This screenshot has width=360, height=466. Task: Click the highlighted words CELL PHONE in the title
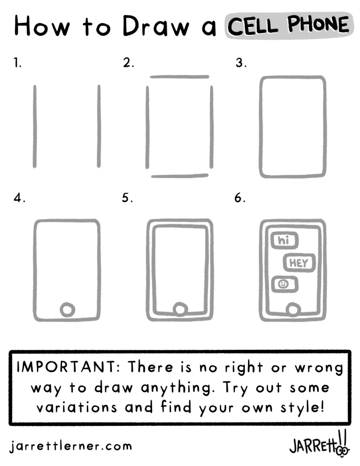click(289, 25)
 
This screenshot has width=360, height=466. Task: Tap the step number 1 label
click(17, 63)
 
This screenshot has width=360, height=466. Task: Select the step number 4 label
click(19, 198)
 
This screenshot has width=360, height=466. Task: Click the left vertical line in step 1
click(35, 126)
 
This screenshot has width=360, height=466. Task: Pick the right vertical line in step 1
click(99, 126)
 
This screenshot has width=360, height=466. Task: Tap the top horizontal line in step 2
click(180, 77)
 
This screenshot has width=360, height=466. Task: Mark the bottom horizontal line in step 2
click(180, 176)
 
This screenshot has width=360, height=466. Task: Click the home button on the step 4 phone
click(67, 310)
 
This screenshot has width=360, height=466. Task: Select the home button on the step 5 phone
click(180, 310)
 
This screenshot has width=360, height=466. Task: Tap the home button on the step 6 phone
click(293, 310)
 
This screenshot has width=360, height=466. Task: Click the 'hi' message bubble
click(284, 241)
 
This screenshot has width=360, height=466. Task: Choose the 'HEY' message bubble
click(299, 263)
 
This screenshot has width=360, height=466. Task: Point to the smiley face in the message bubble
click(283, 284)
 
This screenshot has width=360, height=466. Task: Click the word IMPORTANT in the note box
click(66, 367)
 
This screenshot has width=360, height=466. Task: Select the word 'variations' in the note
click(76, 407)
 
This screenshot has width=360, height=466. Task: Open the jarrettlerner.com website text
click(71, 446)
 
